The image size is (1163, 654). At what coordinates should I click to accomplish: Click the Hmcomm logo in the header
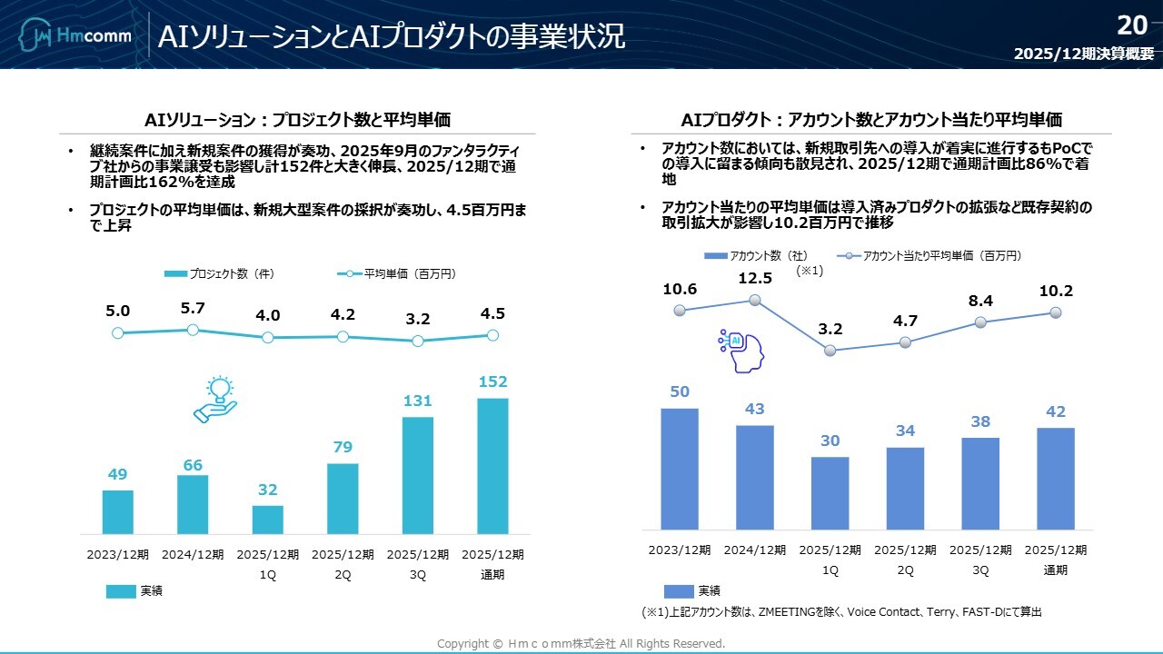coord(76,35)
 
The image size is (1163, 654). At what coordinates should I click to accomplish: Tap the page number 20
coord(1132,25)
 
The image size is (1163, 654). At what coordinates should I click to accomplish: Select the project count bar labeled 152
coord(492,465)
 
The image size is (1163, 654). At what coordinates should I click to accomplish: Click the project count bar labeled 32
coord(267,520)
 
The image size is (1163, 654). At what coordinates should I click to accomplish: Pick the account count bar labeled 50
coord(680,469)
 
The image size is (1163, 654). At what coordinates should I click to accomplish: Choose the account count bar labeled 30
coord(830,492)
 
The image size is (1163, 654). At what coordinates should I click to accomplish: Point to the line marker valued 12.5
coord(755,301)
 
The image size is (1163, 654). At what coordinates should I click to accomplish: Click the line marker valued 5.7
coord(193,330)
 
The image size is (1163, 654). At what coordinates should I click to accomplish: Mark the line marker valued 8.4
coord(980,322)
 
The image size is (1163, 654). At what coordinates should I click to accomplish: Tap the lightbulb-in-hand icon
coord(215,400)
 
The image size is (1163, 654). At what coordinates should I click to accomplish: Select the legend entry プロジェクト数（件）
coord(220,273)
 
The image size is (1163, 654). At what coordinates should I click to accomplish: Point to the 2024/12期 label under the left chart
coord(193,555)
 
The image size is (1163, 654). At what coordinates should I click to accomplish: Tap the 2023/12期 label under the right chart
coord(680,550)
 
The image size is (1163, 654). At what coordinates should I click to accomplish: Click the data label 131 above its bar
coord(417,401)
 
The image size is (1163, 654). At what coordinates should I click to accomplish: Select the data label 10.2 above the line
coord(1056,292)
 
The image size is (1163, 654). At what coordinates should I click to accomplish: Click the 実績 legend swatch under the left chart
coord(120,591)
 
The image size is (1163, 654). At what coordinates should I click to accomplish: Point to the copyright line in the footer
coord(581,644)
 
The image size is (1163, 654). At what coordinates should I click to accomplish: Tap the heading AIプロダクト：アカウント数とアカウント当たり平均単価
coord(870,120)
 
